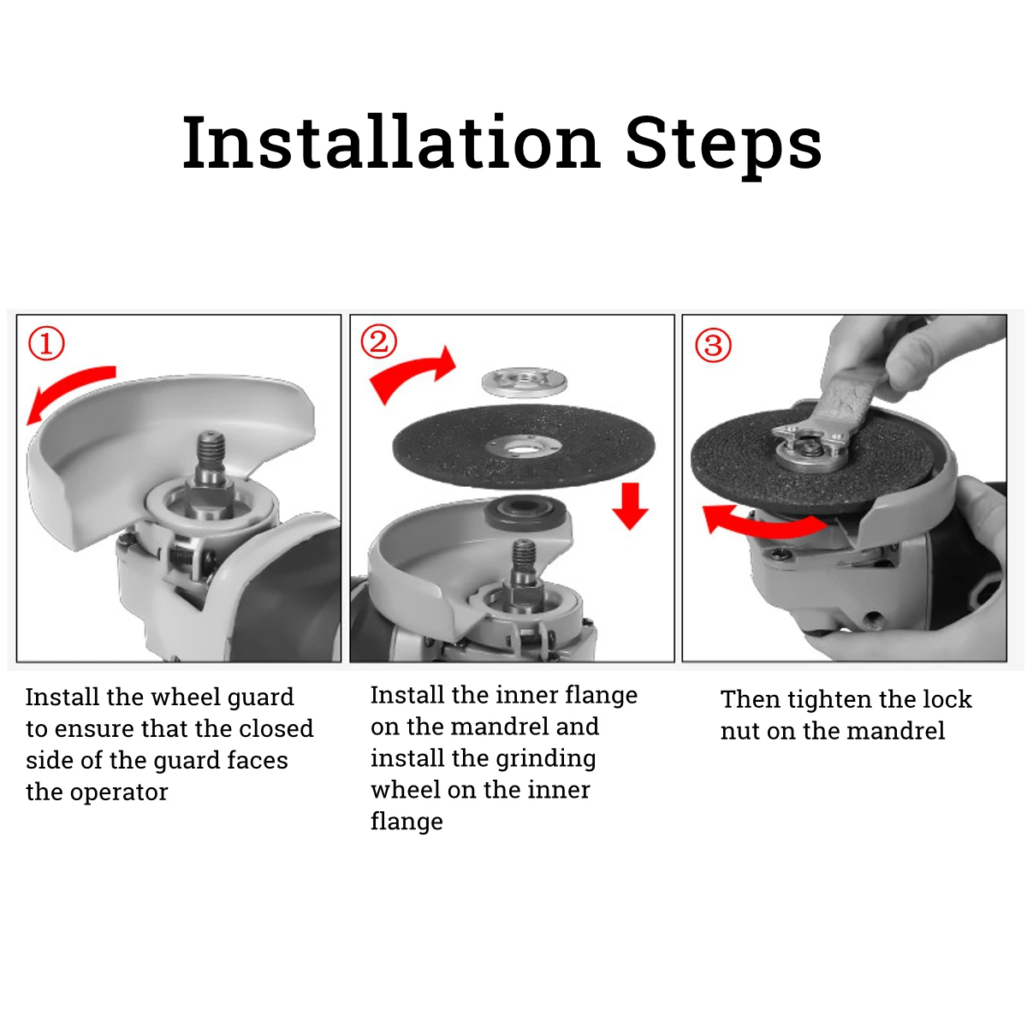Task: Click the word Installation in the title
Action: pos(392,143)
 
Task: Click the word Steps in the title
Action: pos(723,147)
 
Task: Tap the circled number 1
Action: pos(46,344)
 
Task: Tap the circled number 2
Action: pos(379,341)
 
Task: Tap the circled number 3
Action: pos(713,345)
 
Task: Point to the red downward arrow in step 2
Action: pos(630,506)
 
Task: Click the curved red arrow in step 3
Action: pos(763,525)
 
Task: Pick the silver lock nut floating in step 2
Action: pos(524,383)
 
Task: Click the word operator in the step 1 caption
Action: pos(119,793)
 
